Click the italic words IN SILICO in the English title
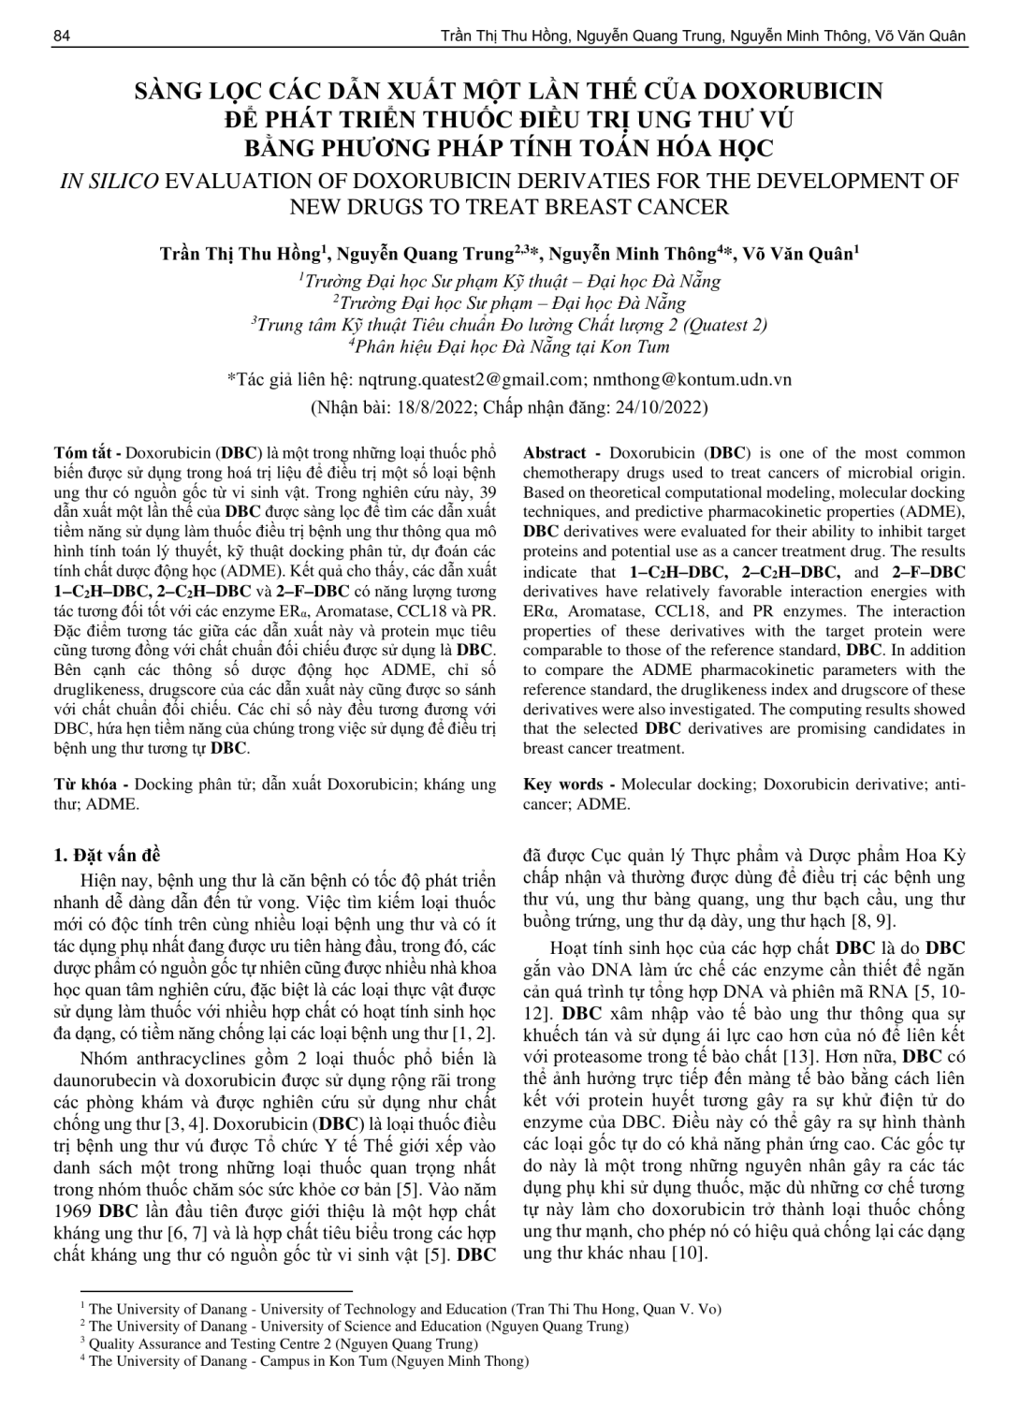click(x=109, y=181)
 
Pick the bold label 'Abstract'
click(x=555, y=453)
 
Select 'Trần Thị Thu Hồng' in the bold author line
click(x=240, y=254)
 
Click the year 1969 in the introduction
click(x=74, y=1210)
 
